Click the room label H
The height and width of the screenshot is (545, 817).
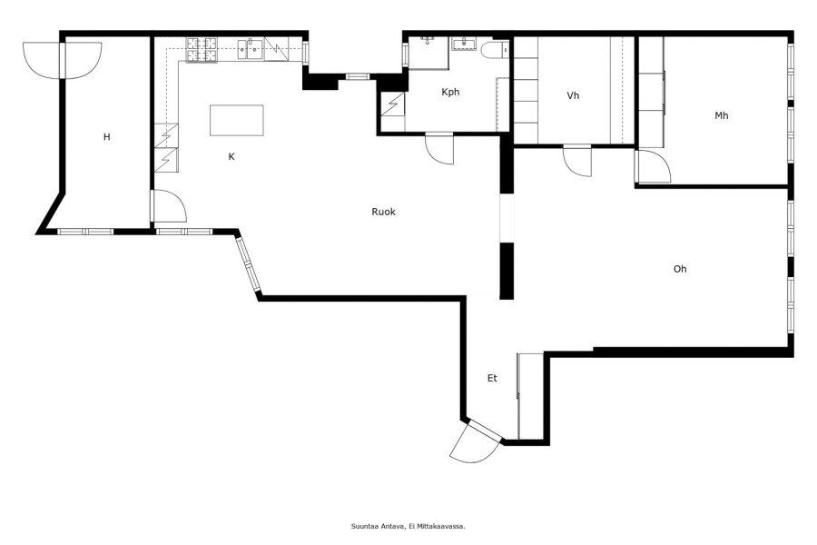(x=107, y=137)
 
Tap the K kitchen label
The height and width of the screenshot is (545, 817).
(x=231, y=156)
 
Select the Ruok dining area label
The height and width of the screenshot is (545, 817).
(x=383, y=212)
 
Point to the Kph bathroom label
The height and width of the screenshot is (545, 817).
(x=450, y=93)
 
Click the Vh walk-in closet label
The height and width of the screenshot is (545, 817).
(x=573, y=95)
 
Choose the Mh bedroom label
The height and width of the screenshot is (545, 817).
(x=721, y=115)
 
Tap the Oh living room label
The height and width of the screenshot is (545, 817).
(x=680, y=269)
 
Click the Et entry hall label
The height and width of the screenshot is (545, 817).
(x=492, y=378)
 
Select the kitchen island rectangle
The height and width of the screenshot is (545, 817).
(x=237, y=120)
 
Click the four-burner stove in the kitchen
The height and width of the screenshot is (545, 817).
(x=202, y=50)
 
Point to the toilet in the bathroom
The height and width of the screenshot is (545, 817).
(x=495, y=50)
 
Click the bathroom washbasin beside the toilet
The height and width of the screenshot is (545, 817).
(x=463, y=44)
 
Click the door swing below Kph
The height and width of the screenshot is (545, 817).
(x=438, y=150)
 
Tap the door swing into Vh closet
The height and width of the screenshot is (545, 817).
(x=577, y=163)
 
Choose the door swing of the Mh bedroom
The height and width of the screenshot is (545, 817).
(x=654, y=166)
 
